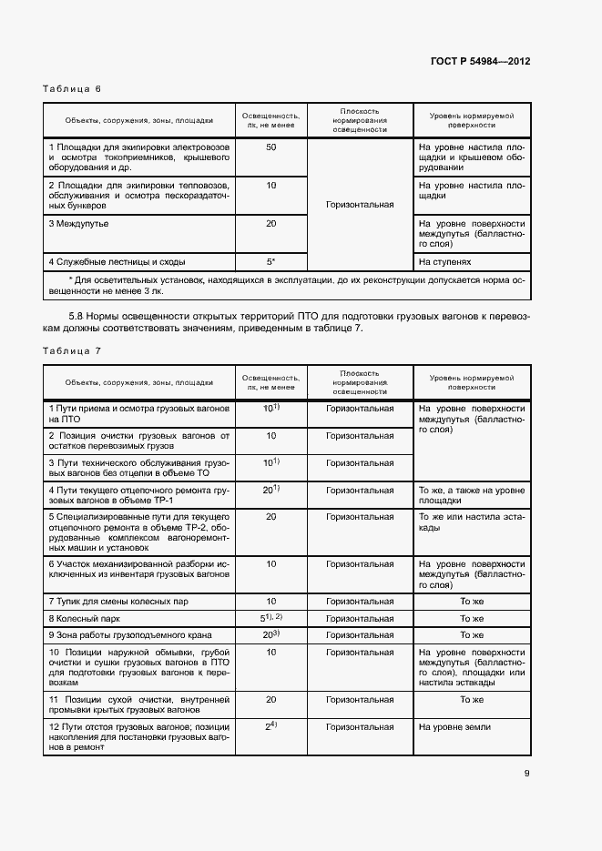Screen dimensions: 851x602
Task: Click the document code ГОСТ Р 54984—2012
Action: coord(480,61)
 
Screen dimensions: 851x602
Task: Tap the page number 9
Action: coord(526,774)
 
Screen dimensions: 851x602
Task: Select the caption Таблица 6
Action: coord(72,88)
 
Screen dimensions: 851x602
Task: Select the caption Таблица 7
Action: coord(72,350)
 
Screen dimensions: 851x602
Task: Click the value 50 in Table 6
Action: coord(270,147)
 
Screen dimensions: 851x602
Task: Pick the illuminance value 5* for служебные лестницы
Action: coord(270,262)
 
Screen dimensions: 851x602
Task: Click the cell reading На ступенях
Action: coord(445,262)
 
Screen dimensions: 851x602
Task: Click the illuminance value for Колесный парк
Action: coord(270,618)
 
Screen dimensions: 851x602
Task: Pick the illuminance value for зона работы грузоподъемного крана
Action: coord(270,634)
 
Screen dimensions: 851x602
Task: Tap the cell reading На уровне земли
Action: coord(454,727)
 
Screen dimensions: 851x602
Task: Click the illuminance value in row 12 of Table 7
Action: coord(270,727)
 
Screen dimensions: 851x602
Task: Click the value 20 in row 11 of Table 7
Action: coord(270,700)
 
